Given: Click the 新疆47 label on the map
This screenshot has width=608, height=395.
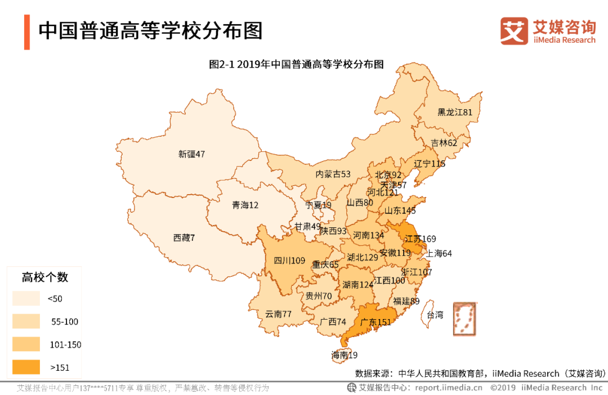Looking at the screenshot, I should [191, 154].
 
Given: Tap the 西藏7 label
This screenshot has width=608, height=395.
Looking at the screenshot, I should [184, 238].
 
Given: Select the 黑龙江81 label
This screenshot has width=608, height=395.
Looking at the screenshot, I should [455, 113].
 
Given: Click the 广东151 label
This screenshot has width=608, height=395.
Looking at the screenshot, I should [375, 322].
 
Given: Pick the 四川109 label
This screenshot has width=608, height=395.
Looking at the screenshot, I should [289, 261].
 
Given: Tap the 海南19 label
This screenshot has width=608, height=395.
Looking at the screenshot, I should [344, 355].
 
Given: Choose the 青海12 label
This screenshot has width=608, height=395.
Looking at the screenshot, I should [245, 205].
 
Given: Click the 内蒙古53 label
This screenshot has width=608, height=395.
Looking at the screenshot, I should [333, 174].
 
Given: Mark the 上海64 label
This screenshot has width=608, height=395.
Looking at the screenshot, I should [439, 253].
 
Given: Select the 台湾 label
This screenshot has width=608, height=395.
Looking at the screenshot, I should [435, 315].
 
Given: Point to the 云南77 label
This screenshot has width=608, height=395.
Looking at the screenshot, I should [278, 314].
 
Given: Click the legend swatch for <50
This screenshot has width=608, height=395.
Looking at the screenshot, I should [26, 298].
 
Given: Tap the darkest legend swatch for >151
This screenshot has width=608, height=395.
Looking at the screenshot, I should [26, 367].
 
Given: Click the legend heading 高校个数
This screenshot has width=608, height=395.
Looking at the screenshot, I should [45, 277].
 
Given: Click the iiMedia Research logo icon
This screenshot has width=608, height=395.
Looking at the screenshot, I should [514, 31].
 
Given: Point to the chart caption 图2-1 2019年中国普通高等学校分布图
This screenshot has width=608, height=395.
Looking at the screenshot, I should [296, 64].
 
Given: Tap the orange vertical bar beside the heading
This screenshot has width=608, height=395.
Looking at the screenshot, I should [26, 32].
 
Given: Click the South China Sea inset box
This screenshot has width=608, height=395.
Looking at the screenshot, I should [465, 318].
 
